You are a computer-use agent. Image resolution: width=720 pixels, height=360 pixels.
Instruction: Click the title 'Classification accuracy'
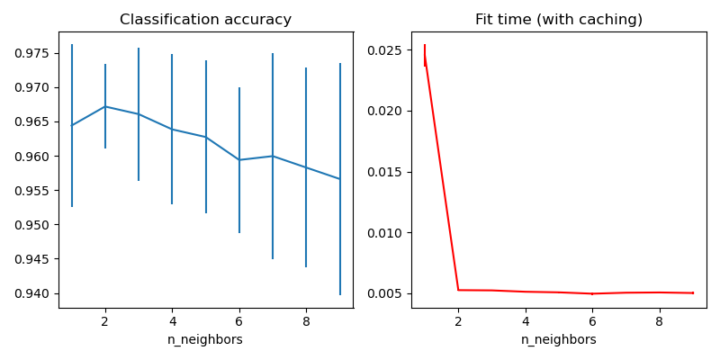(x=205, y=20)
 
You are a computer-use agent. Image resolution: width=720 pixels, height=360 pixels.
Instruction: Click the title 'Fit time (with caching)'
(x=559, y=20)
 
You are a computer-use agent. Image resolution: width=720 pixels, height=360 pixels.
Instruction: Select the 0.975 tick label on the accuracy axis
(x=33, y=53)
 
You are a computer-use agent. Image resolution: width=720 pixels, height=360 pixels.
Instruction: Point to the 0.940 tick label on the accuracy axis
(x=33, y=293)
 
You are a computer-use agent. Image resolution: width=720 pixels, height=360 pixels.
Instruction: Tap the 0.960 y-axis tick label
(x=33, y=157)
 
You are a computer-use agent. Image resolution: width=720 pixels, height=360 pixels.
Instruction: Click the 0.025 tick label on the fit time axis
(x=387, y=49)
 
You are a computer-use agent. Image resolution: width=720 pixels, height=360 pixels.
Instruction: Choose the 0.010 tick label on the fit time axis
(x=387, y=233)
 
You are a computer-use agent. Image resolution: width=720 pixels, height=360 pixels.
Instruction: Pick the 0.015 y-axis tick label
(x=387, y=172)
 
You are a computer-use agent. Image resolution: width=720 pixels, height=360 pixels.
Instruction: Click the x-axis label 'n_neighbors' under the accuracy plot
(x=205, y=339)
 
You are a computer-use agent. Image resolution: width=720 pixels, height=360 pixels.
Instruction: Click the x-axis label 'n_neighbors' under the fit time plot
(x=559, y=339)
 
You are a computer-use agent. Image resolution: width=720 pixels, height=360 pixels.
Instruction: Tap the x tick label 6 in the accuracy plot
(x=239, y=320)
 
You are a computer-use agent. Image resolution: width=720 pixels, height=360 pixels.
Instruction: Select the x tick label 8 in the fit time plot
(x=660, y=320)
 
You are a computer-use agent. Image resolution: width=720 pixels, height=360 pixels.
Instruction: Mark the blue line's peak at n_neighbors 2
(x=105, y=106)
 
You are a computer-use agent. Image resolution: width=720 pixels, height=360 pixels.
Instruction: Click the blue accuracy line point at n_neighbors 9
(x=340, y=179)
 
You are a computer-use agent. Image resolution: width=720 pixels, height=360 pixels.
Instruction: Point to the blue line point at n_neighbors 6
(x=239, y=160)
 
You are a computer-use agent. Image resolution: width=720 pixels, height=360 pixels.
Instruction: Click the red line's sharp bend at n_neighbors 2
(x=458, y=290)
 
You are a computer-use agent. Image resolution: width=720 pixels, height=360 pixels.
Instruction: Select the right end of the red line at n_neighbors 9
(x=693, y=292)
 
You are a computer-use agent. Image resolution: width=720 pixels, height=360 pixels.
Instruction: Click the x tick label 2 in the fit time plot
(x=458, y=320)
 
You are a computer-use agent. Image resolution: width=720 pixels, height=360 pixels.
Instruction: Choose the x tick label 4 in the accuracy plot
(x=172, y=320)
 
